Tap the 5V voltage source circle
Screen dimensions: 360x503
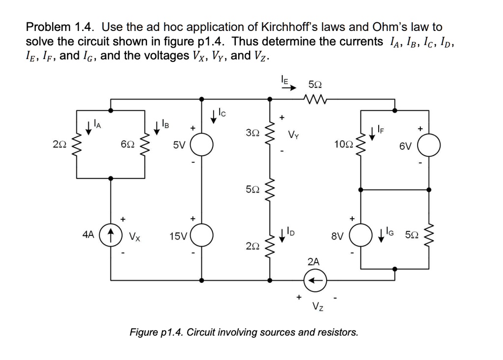(x=201, y=145)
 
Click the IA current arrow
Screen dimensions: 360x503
(x=88, y=129)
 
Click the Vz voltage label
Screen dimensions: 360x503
(x=317, y=307)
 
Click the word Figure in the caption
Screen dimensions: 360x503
(x=143, y=332)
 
